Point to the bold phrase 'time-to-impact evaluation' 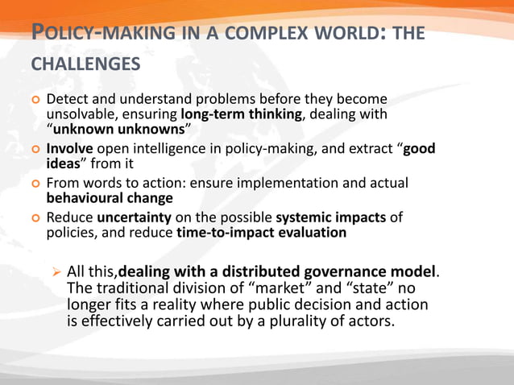261,233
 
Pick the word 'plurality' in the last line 305,321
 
